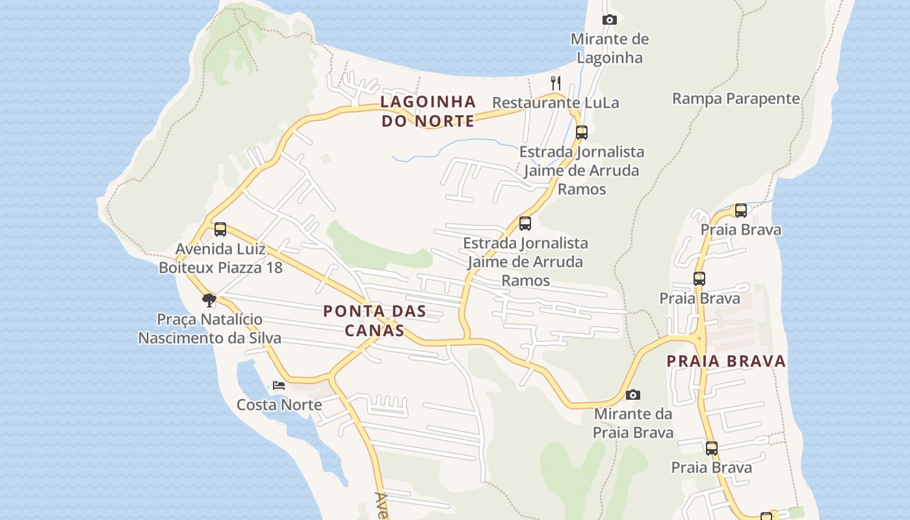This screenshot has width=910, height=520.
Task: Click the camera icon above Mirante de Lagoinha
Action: click(609, 20)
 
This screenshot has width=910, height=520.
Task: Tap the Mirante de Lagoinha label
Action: click(609, 48)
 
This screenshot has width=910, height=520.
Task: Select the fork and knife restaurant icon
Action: click(555, 83)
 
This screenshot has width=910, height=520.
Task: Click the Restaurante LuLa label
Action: click(555, 103)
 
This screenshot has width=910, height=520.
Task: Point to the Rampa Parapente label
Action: click(736, 99)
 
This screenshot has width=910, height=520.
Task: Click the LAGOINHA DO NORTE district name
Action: click(428, 111)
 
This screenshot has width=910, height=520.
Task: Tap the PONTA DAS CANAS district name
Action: click(374, 320)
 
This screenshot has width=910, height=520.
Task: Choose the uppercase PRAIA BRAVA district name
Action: click(726, 361)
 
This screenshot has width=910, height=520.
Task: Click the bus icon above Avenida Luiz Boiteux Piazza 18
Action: click(220, 229)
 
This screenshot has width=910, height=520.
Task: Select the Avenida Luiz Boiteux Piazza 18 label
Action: click(220, 258)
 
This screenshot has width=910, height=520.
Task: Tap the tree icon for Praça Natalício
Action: click(209, 300)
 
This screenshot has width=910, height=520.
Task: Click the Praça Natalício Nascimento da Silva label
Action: click(209, 328)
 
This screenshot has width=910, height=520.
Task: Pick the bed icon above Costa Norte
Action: click(279, 385)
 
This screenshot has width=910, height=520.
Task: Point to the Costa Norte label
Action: click(279, 405)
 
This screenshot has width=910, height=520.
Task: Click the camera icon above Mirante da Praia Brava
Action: click(632, 395)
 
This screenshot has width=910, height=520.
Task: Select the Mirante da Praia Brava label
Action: click(632, 423)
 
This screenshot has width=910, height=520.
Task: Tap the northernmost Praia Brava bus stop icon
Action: click(740, 211)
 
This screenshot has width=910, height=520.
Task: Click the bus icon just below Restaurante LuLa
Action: click(581, 133)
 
